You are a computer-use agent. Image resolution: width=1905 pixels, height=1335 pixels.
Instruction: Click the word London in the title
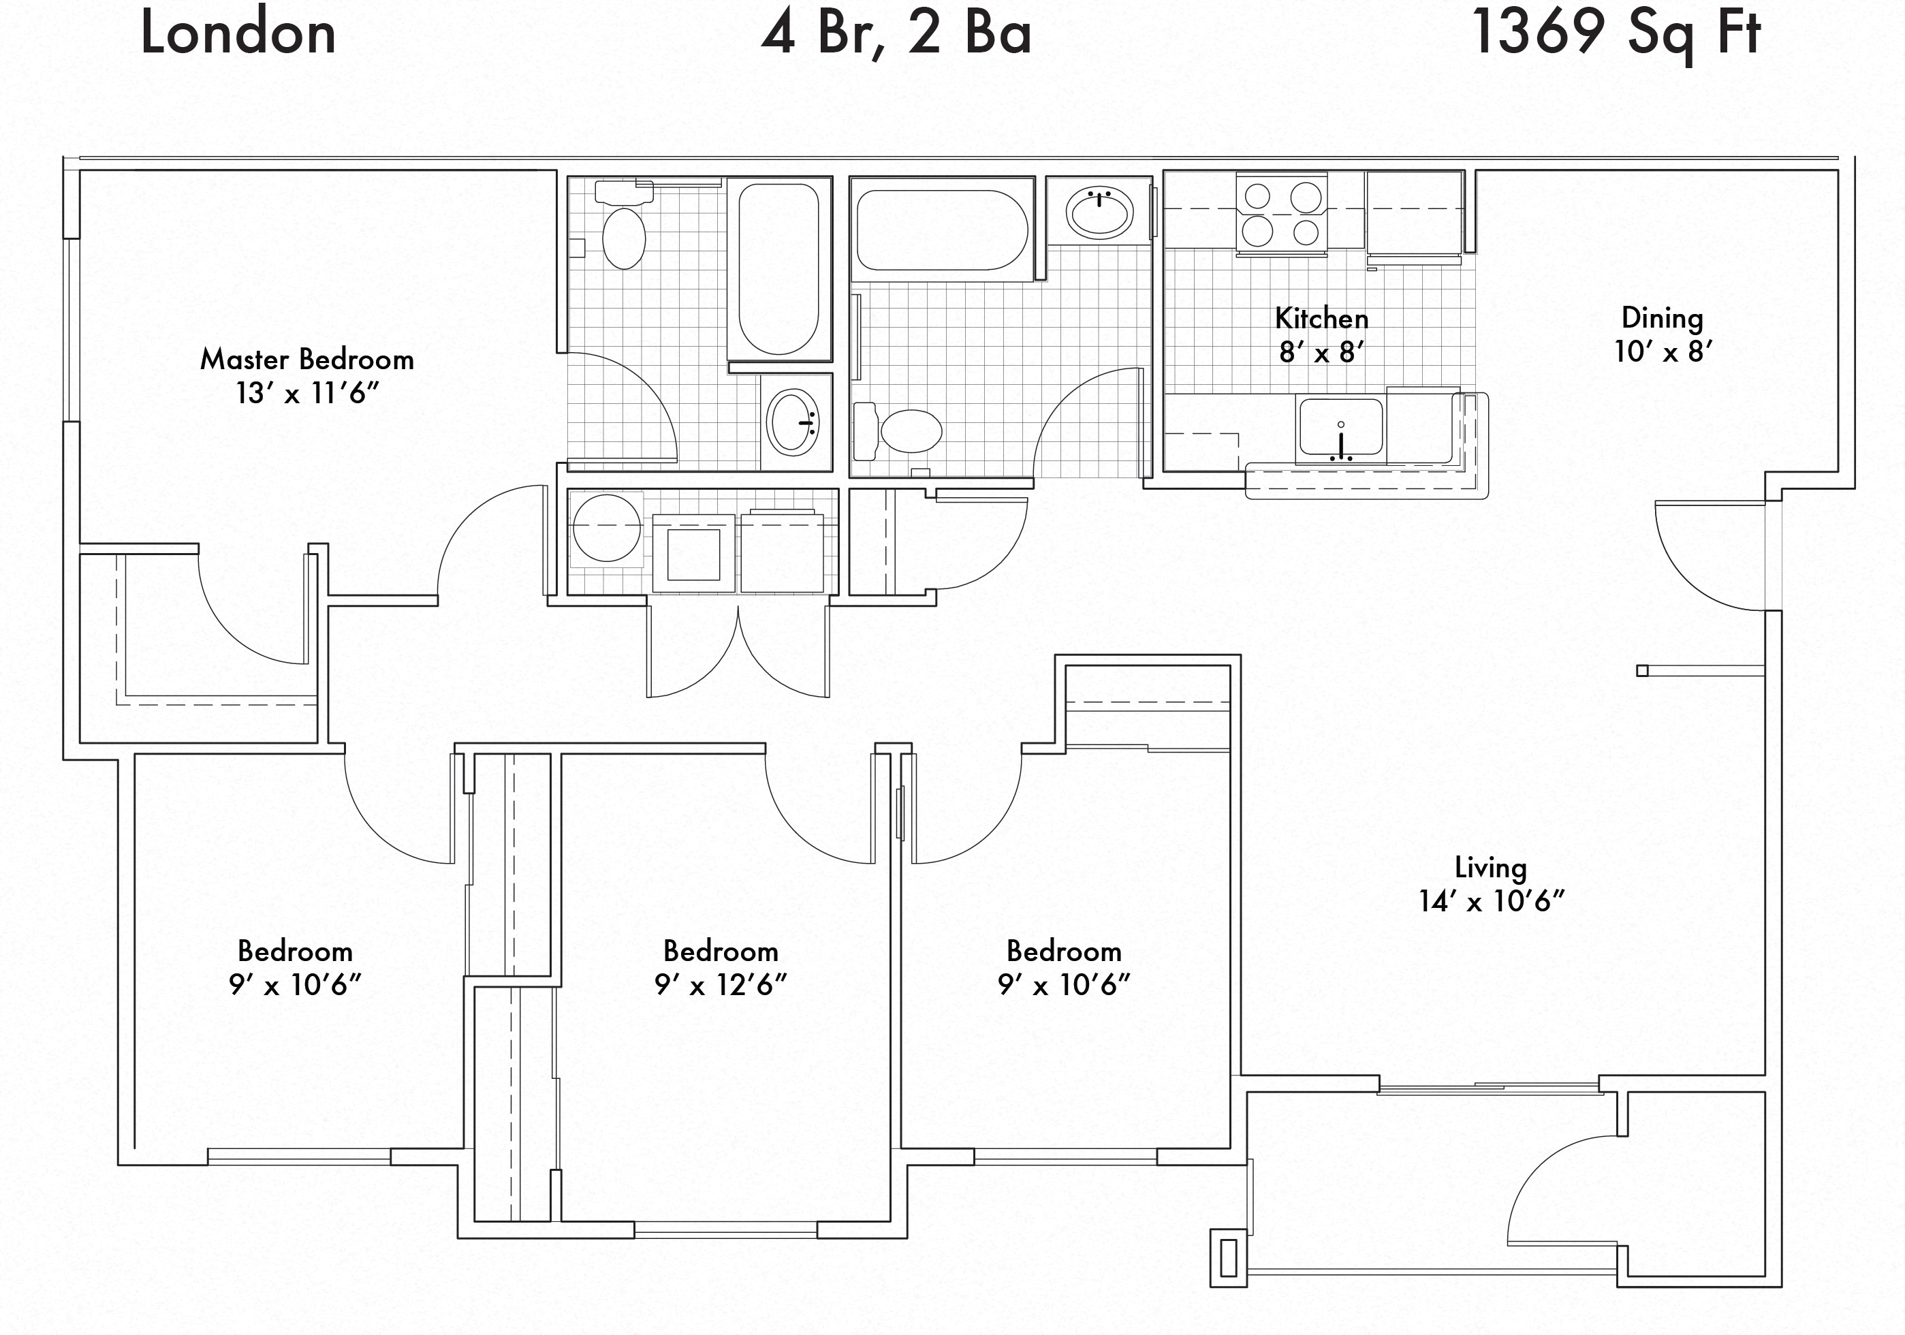(x=238, y=33)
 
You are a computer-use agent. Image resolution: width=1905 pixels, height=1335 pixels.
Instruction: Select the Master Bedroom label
(x=307, y=359)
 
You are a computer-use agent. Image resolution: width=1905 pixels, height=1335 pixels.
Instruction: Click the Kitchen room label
(x=1322, y=318)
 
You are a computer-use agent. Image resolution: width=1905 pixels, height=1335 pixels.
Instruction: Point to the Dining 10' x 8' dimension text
(x=1663, y=351)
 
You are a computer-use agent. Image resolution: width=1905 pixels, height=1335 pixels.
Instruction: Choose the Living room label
(x=1491, y=868)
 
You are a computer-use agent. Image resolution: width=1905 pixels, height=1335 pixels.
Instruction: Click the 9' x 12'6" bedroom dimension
(x=720, y=985)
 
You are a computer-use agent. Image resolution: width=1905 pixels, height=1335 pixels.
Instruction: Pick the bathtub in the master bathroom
(x=779, y=269)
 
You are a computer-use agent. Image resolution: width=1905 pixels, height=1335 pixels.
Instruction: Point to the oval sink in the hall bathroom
(x=1099, y=212)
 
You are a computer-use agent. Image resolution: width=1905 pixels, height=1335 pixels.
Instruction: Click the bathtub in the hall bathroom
(x=942, y=230)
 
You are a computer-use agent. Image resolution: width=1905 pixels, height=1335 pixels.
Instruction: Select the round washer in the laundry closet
(x=607, y=528)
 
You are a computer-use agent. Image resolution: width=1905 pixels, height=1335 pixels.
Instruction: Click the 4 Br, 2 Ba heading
(x=896, y=33)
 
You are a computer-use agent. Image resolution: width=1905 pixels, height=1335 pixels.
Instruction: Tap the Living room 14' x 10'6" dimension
(x=1491, y=901)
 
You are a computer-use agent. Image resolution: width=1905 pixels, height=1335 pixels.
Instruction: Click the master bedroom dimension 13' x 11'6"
(x=307, y=393)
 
